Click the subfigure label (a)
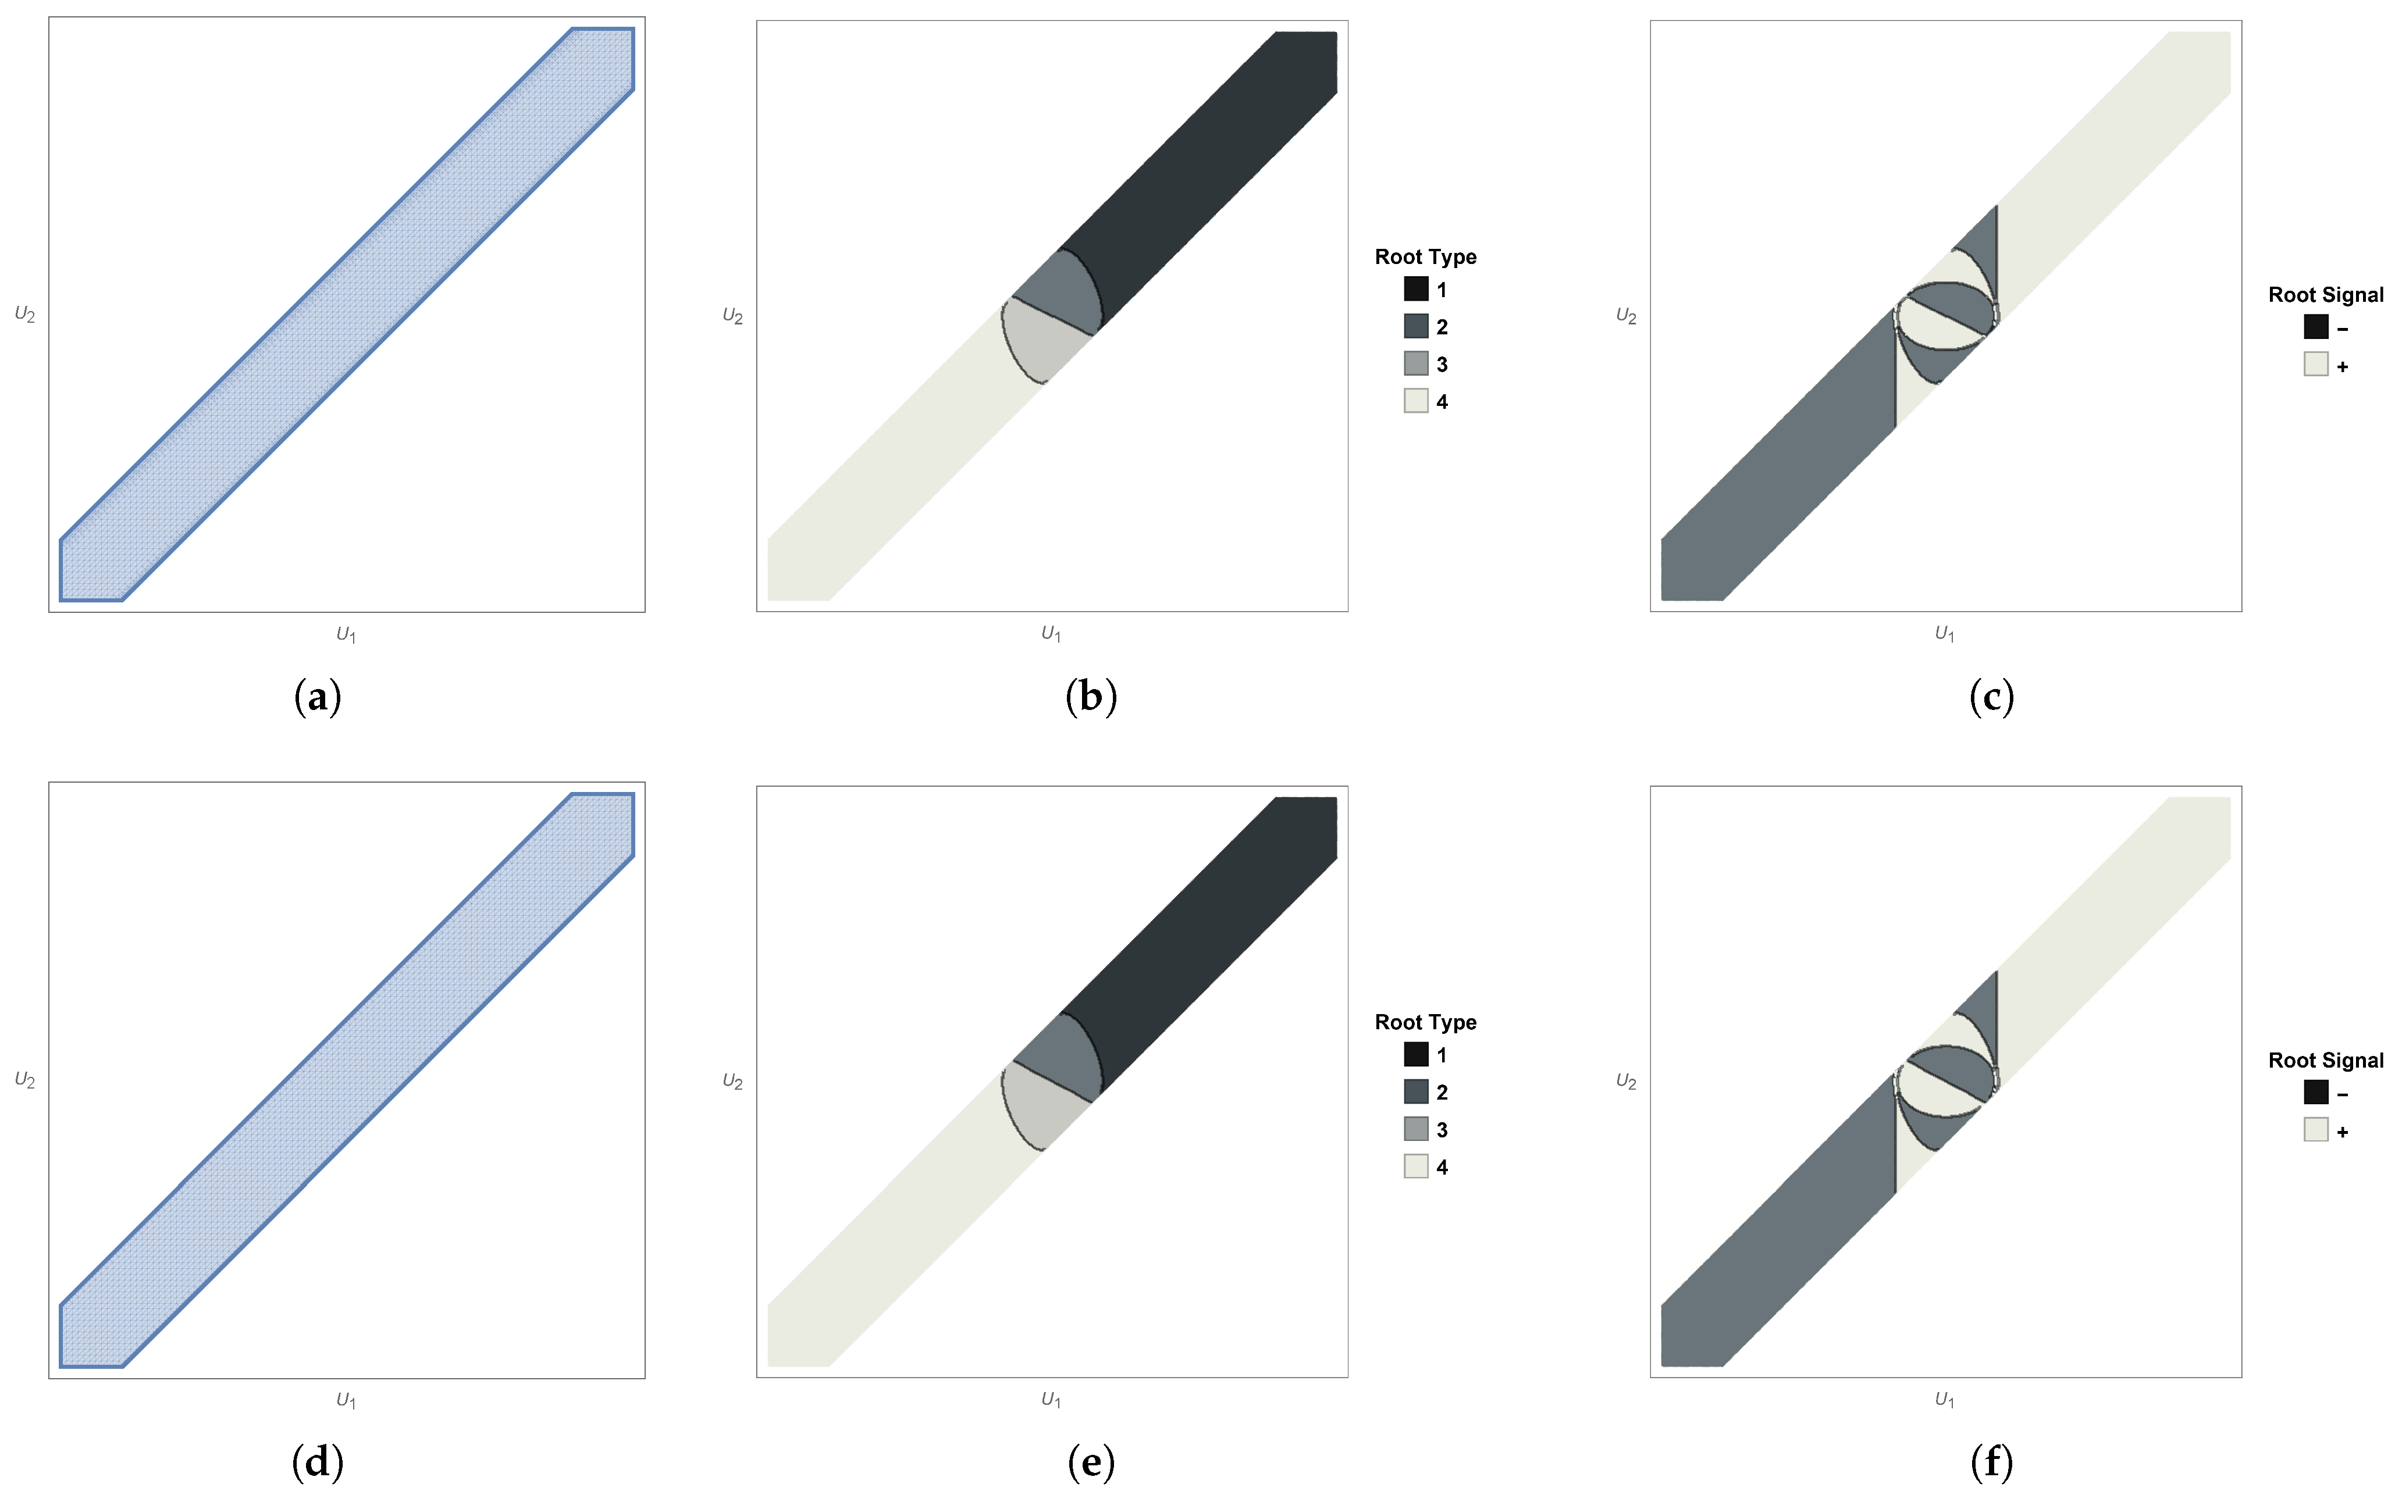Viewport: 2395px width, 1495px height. (318, 697)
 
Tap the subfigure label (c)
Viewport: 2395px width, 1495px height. (1991, 697)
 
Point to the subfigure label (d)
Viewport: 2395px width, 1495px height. (318, 1462)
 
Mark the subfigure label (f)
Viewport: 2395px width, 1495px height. (1991, 1462)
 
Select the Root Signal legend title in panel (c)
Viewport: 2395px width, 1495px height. (2326, 295)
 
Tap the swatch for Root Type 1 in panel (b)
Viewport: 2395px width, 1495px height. (1416, 289)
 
